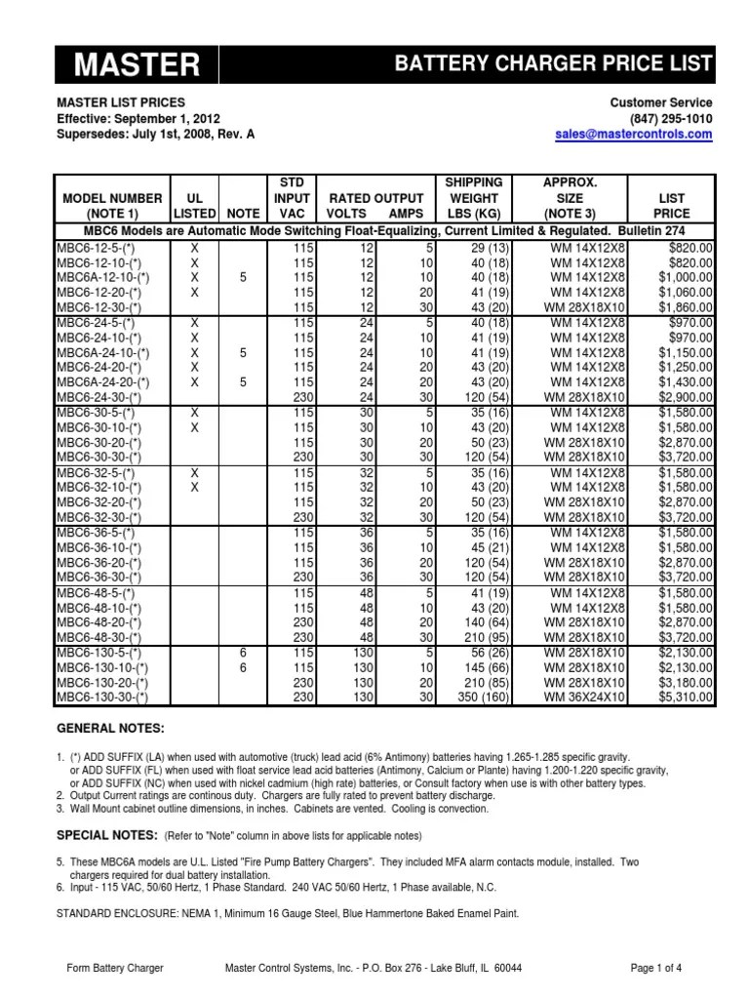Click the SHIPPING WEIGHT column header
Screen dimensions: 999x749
pos(473,197)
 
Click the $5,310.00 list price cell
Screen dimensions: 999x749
pos(686,698)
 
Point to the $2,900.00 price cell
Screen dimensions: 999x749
pos(686,398)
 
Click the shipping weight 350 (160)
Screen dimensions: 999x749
pos(475,698)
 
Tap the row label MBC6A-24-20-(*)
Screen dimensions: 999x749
pos(102,384)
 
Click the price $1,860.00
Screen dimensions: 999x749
pos(686,306)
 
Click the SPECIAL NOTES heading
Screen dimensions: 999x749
pos(106,836)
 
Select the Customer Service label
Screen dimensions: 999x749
pos(660,102)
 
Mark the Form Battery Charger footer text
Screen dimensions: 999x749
pos(115,968)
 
